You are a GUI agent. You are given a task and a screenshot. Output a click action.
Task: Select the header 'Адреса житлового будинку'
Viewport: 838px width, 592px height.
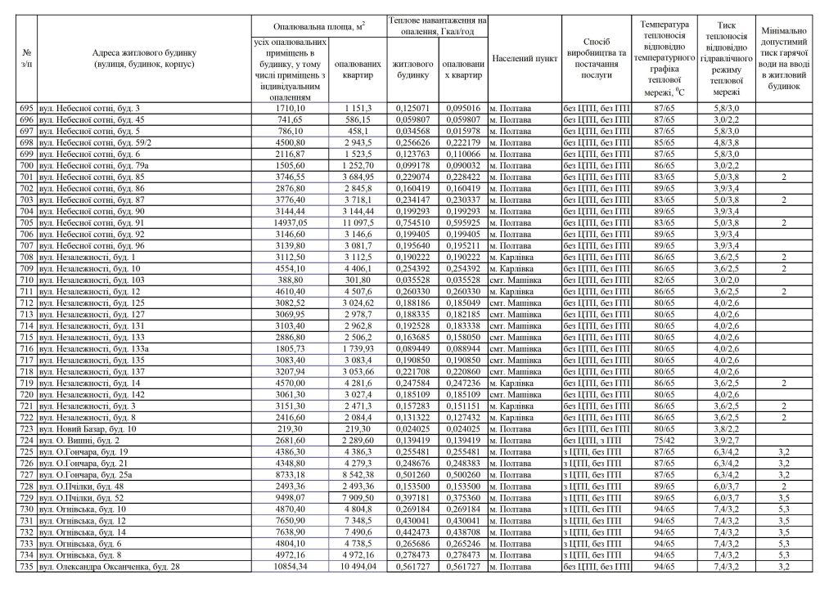click(x=144, y=57)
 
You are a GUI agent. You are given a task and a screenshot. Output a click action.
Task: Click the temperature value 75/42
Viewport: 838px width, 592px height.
click(x=664, y=440)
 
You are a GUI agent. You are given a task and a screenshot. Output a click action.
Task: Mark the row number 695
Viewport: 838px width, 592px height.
click(x=28, y=108)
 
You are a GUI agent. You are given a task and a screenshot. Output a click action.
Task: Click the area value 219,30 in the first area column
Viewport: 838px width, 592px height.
click(x=291, y=428)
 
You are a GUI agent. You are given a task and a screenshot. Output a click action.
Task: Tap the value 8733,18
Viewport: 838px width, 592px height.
click(x=291, y=474)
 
